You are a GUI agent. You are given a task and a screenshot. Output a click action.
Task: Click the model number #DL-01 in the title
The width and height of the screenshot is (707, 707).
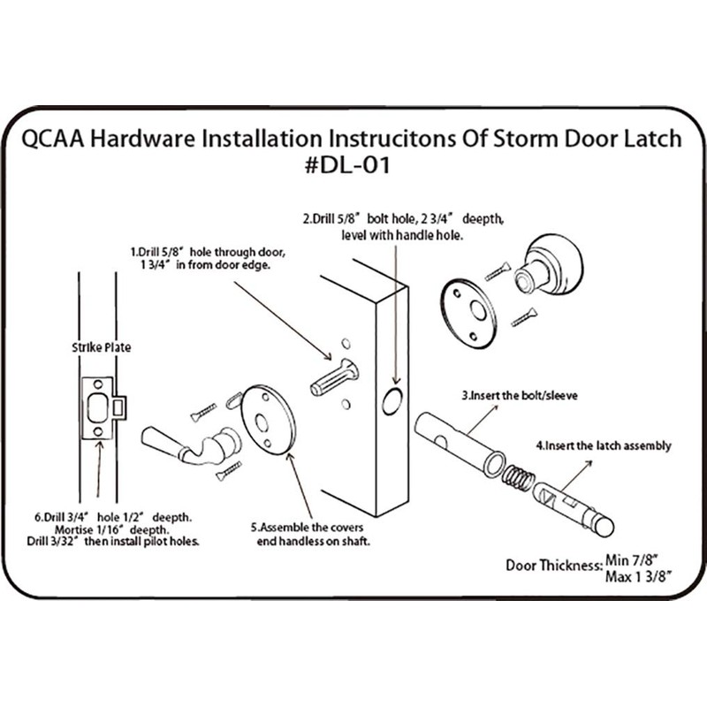(353, 166)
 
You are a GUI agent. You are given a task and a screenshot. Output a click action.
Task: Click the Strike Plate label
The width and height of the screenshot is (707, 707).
(100, 347)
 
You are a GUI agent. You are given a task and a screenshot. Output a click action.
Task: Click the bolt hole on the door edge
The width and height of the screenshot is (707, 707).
(391, 402)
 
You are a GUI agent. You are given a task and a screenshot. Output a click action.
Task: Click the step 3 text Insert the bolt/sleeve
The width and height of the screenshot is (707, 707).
(519, 395)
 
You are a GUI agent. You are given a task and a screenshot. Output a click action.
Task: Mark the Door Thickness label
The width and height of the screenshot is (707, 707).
(553, 566)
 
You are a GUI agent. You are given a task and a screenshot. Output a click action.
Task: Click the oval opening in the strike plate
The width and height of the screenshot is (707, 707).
(99, 407)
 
